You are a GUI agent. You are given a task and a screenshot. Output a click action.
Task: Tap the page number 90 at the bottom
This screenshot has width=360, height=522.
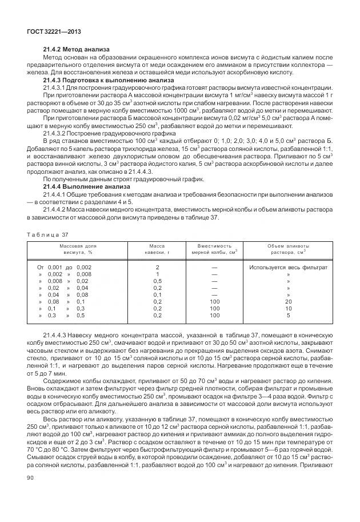[x=31, y=492]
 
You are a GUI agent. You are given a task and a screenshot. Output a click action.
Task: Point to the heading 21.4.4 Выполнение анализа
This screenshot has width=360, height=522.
[x=82, y=186]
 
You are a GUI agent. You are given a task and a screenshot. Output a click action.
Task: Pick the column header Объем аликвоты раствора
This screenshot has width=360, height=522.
[x=287, y=248]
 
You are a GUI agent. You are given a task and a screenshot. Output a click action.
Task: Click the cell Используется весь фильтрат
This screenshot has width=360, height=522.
[x=287, y=268]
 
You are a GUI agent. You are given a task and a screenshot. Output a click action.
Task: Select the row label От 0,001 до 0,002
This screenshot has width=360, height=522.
[x=65, y=268]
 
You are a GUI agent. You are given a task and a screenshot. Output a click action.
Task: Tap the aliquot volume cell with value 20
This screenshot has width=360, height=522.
[x=288, y=301]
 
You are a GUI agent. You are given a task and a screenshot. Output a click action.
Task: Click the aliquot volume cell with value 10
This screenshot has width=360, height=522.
[x=288, y=308]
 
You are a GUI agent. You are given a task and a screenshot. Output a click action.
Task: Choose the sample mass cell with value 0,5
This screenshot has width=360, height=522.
[x=157, y=281]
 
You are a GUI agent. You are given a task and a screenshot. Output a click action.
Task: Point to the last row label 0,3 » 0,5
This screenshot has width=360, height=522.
[x=65, y=315]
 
